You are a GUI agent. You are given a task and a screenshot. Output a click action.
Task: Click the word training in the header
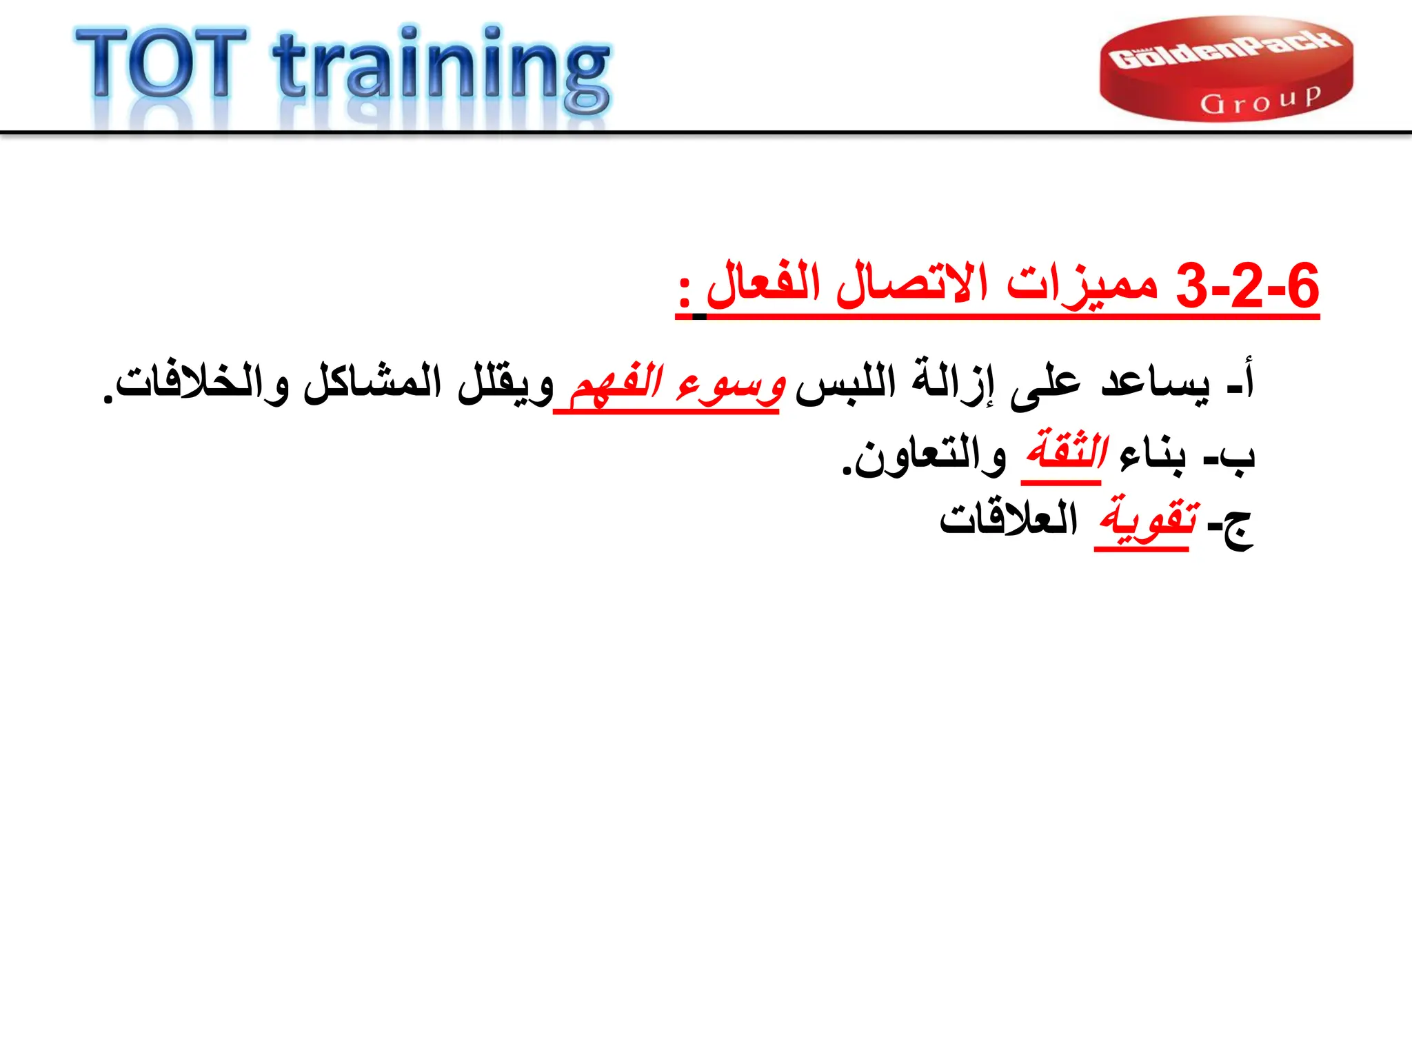pyautogui.click(x=441, y=69)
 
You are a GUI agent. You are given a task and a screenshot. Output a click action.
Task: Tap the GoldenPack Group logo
pyautogui.click(x=1226, y=69)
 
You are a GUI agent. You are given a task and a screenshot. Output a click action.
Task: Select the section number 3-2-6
pyautogui.click(x=1247, y=286)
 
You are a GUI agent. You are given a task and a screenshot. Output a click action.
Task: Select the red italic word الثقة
pyautogui.click(x=1065, y=452)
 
